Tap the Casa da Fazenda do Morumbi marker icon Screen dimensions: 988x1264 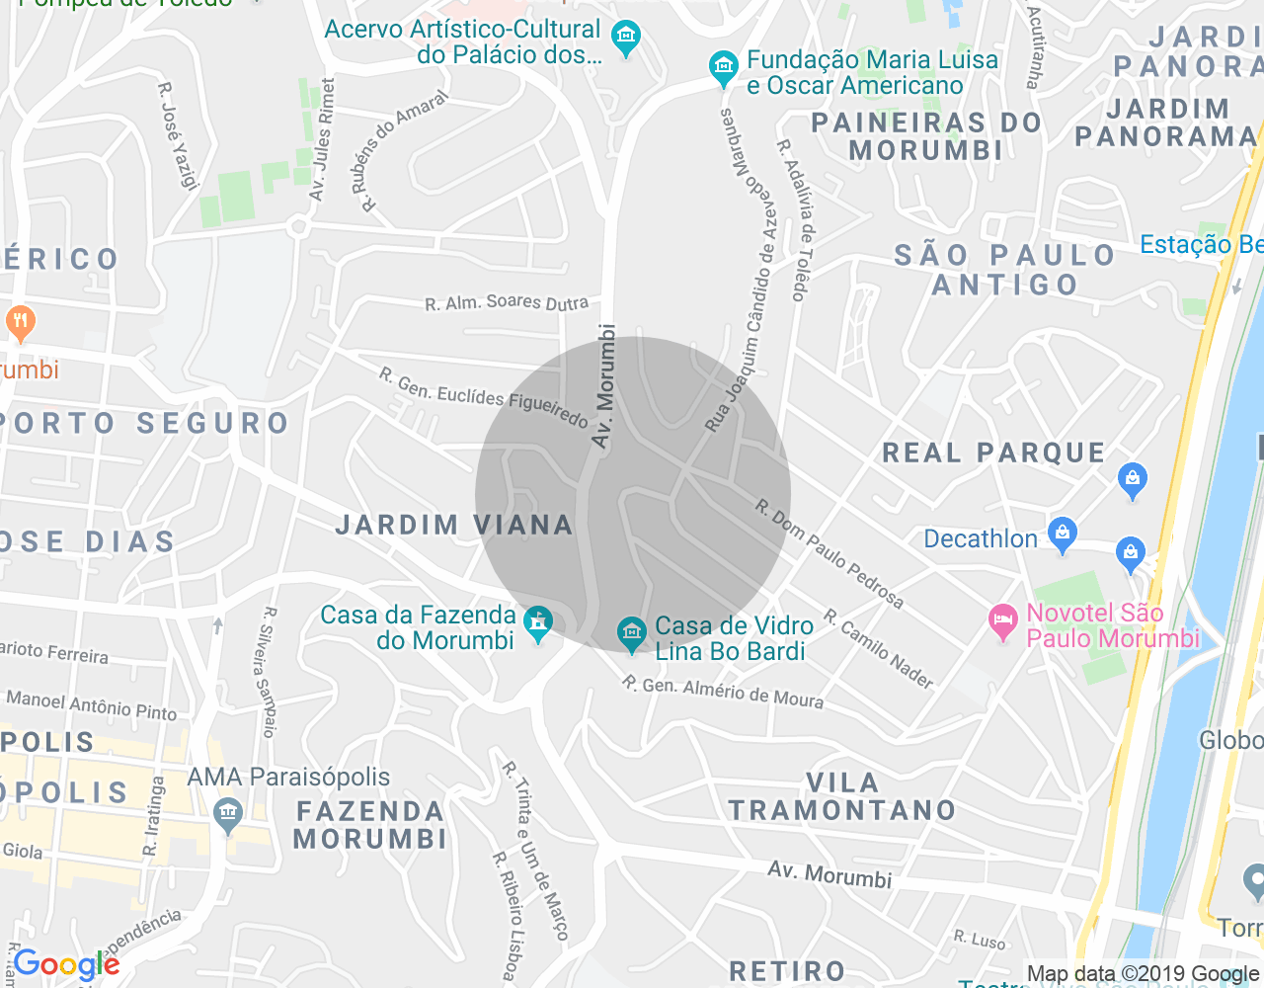538,623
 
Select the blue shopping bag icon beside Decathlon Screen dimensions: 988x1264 1062,535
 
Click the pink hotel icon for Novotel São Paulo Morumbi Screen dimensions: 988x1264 1003,622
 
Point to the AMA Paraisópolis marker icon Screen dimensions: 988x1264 228,815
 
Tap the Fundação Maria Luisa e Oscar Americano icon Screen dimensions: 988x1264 724,68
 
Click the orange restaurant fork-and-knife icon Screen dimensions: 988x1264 20,322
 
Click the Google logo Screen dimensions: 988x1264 66,964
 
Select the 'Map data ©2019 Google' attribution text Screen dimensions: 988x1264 1143,974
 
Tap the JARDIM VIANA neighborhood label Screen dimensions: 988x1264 454,525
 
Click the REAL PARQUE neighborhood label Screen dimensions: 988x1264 993,453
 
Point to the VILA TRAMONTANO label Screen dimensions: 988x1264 842,796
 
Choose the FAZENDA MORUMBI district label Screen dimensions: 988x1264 370,825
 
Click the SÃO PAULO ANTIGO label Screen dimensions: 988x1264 1005,270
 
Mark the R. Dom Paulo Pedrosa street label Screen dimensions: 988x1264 829,553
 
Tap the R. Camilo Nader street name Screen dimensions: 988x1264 879,649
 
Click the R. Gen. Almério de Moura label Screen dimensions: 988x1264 723,692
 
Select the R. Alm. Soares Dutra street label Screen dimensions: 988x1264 507,302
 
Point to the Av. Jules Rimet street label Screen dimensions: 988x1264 322,139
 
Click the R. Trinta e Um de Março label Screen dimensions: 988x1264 534,851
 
